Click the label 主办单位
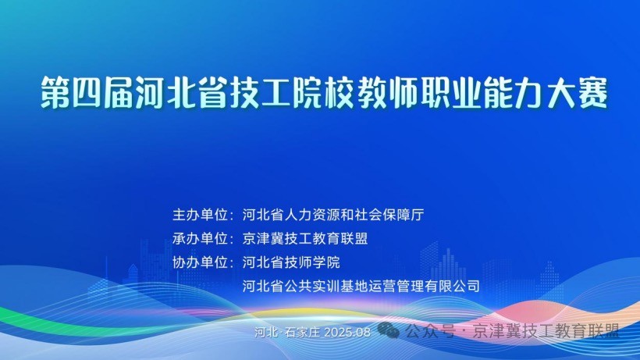[x=200, y=215]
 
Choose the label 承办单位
[x=200, y=238]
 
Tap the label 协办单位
[x=200, y=262]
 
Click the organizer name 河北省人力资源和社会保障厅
[x=333, y=215]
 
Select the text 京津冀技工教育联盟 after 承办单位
[x=305, y=238]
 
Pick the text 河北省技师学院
[x=291, y=262]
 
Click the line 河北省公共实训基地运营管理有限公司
[x=361, y=286]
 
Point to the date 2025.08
[x=347, y=332]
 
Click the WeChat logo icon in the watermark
[x=388, y=330]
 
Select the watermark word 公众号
[x=430, y=331]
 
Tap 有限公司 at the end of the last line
[x=452, y=286]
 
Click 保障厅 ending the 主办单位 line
[x=404, y=215]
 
